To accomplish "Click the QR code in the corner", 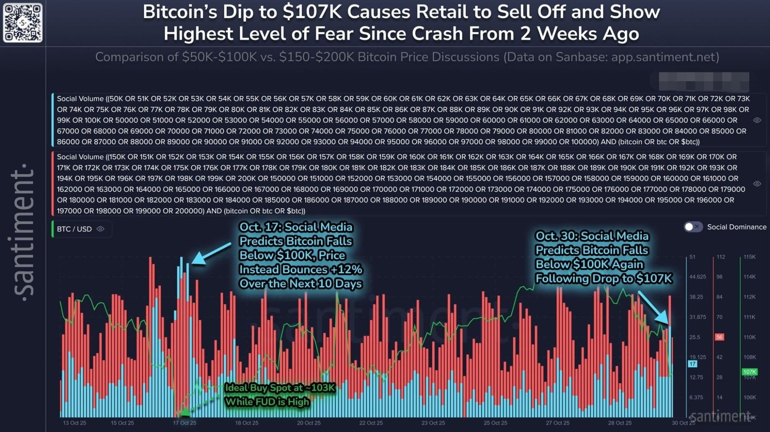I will pos(23,23).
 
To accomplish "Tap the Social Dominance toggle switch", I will pos(693,227).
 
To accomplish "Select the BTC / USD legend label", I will pos(74,229).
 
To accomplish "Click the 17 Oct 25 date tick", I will pos(184,423).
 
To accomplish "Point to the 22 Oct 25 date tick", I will pos(371,423).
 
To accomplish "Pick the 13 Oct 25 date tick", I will pos(74,423).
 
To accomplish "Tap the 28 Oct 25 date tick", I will pos(620,423).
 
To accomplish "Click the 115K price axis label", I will pos(749,257).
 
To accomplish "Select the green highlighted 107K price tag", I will pos(749,372).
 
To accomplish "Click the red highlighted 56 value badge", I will pos(719,337).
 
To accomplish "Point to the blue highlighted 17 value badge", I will pos(693,364).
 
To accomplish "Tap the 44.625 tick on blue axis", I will pos(698,277).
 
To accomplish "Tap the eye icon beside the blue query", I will pos(757,120).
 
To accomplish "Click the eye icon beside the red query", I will pos(757,184).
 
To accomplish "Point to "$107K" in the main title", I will pos(312,12).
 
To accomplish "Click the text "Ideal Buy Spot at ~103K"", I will pos(280,387).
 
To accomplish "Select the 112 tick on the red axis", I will pos(721,257).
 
